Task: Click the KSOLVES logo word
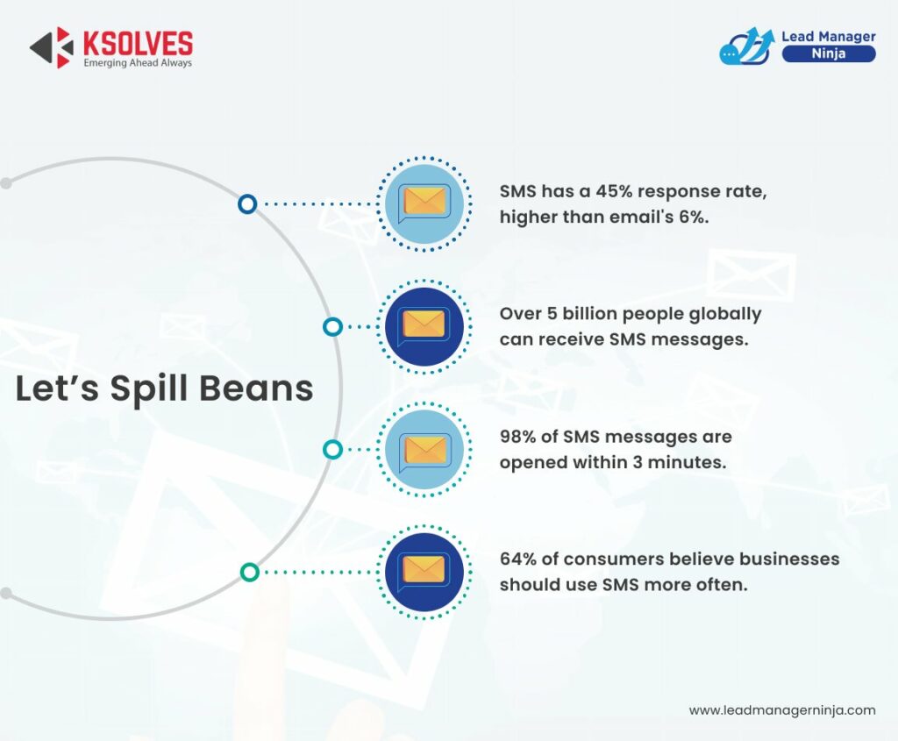[138, 43]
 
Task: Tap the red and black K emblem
[52, 47]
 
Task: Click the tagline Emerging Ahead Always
[138, 63]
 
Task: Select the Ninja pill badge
[828, 53]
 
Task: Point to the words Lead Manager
[828, 36]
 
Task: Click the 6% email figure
[694, 217]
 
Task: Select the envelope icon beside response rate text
[424, 202]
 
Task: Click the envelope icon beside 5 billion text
[424, 324]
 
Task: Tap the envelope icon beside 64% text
[424, 571]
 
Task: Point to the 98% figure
[517, 437]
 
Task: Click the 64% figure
[517, 559]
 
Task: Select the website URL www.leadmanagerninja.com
[782, 710]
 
